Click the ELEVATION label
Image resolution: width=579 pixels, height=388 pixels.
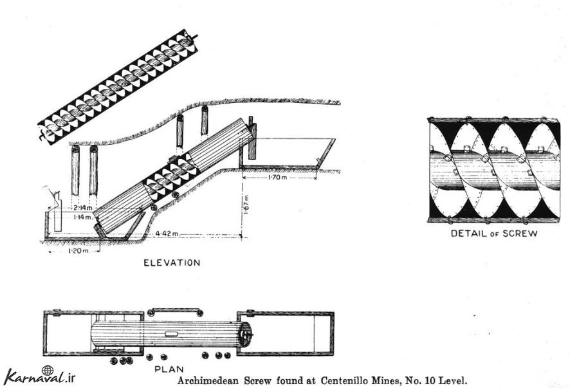coord(172,263)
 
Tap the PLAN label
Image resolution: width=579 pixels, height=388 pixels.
coord(169,369)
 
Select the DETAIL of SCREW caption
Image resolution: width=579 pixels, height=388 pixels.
coord(494,234)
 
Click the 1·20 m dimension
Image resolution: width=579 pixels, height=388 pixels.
coord(78,251)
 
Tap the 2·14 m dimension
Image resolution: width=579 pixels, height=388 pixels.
coord(82,207)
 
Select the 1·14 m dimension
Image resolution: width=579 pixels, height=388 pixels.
coord(83,217)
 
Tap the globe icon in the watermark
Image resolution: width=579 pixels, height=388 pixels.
coord(47,370)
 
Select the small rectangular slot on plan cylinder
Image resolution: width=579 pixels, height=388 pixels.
coord(171,334)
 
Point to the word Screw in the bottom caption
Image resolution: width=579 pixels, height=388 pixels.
coord(258,380)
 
